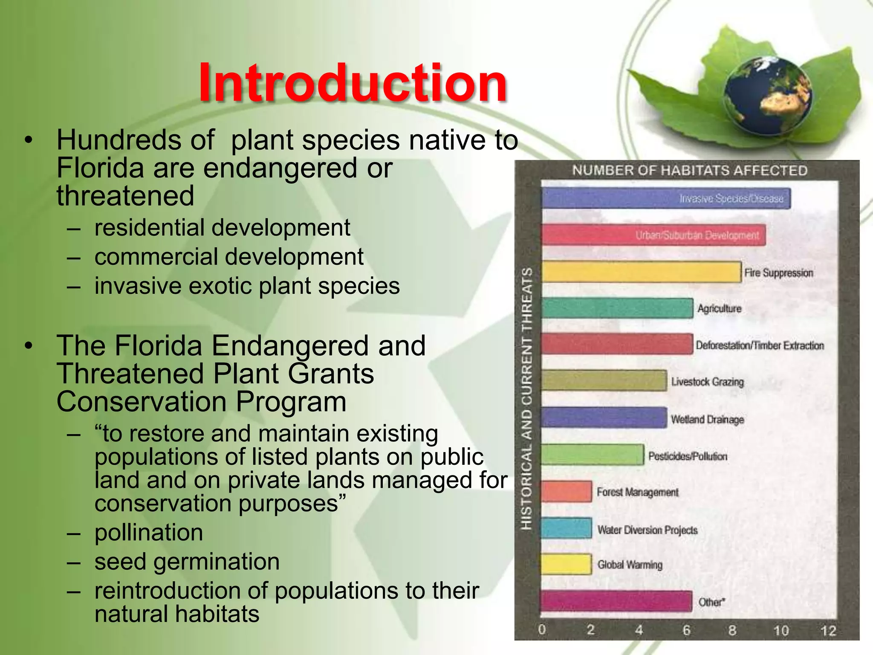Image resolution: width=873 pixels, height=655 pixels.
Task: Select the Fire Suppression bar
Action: tap(641, 272)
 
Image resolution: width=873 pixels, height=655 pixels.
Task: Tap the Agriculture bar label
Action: tap(719, 308)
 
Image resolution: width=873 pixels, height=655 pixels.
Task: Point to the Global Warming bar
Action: tap(566, 564)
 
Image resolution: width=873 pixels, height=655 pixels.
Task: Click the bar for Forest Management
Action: tap(566, 491)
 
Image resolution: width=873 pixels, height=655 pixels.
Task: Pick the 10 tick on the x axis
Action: tap(781, 630)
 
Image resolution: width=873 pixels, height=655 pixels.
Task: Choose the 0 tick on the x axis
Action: tap(541, 629)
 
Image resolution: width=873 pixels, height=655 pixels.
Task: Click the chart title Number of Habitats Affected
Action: tap(689, 171)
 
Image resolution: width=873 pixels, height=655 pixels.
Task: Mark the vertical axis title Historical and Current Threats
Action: tap(527, 399)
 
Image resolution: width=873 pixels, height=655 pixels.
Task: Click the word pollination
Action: tap(149, 533)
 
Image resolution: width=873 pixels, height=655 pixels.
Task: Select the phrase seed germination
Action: tap(187, 562)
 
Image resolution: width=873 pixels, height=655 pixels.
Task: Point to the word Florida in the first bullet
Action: tap(100, 168)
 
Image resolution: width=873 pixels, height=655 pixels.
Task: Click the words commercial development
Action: tap(229, 257)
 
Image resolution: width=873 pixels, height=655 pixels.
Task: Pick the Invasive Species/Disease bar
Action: tap(665, 198)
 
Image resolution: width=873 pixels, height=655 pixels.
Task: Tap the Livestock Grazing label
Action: tap(707, 382)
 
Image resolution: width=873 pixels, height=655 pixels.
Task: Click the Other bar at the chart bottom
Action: tap(616, 601)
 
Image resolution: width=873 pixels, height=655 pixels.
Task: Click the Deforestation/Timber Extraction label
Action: tap(760, 345)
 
